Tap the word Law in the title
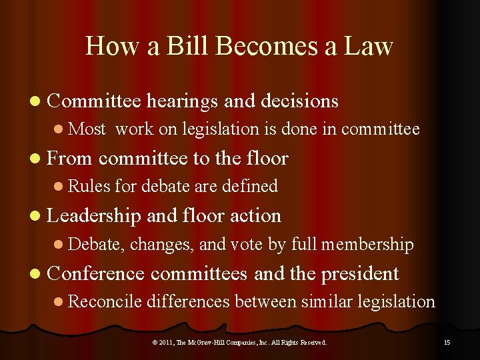pyautogui.click(x=369, y=46)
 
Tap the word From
pyautogui.click(x=71, y=158)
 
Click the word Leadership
pyautogui.click(x=94, y=215)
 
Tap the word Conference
pyautogui.click(x=96, y=273)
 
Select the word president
pyautogui.click(x=360, y=273)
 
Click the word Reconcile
pyautogui.click(x=105, y=301)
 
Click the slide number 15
pyautogui.click(x=447, y=342)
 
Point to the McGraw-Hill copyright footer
pyautogui.click(x=239, y=342)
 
